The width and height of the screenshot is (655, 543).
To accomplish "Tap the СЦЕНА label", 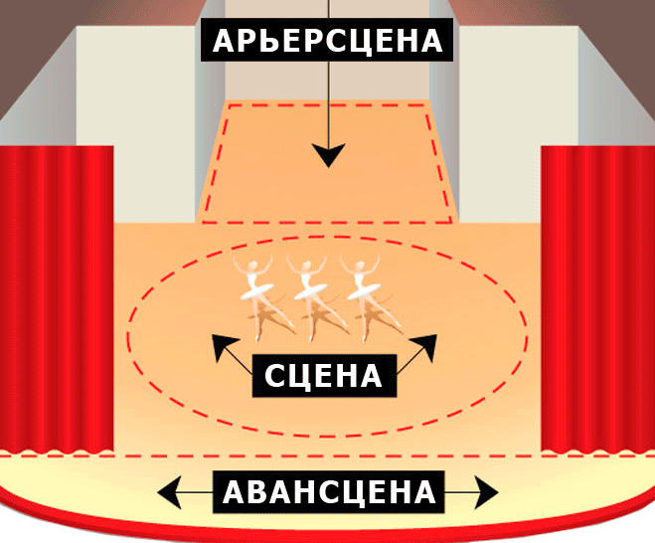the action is coord(324,376).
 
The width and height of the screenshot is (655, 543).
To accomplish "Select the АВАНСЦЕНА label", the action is coord(329,492).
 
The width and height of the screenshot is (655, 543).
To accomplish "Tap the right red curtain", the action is coord(596,298).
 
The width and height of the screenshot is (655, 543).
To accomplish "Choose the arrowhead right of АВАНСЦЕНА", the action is coord(486,491).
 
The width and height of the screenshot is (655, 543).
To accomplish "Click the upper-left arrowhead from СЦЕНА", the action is coord(222,347).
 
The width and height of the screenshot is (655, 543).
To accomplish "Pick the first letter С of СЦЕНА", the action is coord(277,376).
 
